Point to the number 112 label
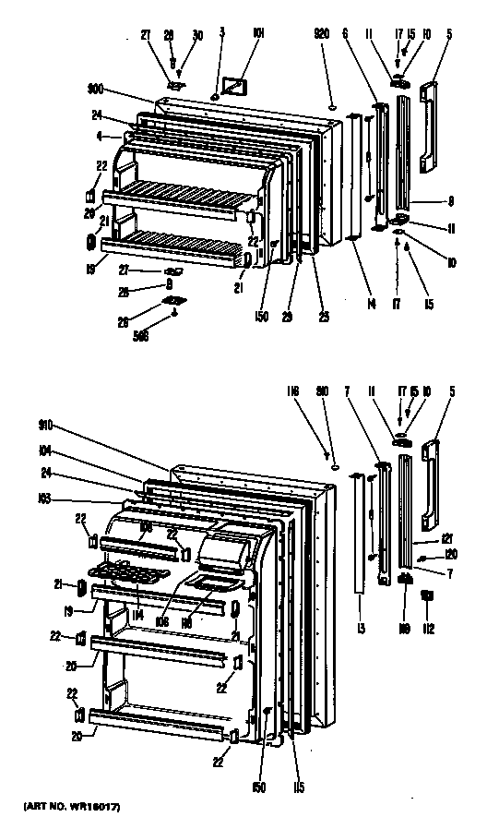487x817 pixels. click(427, 630)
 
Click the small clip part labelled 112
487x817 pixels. click(427, 598)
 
